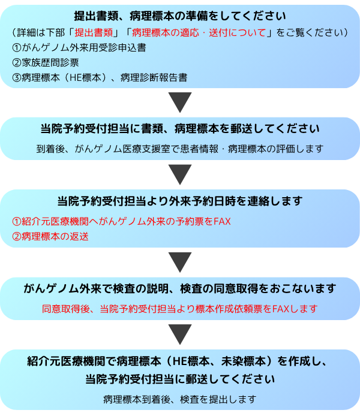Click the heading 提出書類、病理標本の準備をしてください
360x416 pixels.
180,16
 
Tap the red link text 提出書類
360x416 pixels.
94,32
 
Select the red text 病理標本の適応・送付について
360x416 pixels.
199,32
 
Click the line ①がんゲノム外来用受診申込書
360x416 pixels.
79,48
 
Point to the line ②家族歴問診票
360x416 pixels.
46,62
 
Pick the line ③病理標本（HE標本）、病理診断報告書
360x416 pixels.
100,77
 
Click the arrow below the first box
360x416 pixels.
180,102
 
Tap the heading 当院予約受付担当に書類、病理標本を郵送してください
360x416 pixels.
180,129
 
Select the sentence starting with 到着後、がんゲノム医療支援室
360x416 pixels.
180,149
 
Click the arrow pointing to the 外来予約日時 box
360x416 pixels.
180,174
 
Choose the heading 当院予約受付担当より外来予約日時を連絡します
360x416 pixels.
180,201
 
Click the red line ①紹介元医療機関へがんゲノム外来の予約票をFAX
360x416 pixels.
121,221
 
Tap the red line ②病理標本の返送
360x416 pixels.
50,236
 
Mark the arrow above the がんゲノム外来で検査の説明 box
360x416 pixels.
180,262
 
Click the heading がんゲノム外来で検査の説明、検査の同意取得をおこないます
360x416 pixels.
180,289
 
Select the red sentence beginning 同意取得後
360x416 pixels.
180,309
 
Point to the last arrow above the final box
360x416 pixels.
180,334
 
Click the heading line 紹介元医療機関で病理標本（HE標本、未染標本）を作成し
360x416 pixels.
177,361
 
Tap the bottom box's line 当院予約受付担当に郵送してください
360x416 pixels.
180,379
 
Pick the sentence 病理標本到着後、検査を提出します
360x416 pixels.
180,399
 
